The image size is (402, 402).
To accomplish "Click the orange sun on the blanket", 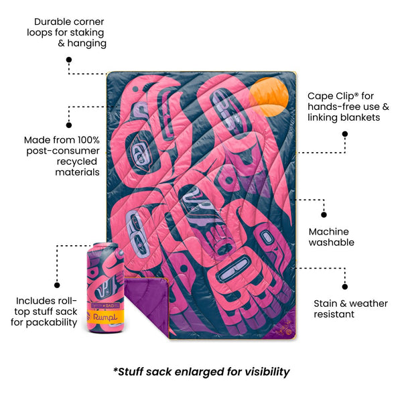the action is coord(269,97).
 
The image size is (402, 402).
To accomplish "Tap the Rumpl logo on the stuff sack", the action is coord(105,317).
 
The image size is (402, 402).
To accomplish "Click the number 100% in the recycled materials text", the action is coord(88,140).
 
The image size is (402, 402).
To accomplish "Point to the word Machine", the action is coord(329,232).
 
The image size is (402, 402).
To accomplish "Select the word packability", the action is coord(52,322).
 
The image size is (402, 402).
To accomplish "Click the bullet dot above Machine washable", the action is coord(324,214).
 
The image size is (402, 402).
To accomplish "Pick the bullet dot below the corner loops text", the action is coord(69,60).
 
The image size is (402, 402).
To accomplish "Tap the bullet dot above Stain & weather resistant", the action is coord(345,287).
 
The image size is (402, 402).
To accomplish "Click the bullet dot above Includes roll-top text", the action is coord(57,285).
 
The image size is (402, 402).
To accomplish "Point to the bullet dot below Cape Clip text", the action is coord(345,134).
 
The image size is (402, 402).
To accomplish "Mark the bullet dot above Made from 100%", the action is coord(69,125).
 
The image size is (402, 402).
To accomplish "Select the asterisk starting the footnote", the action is coord(115,370).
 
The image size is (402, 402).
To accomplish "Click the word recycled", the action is coord(77,161).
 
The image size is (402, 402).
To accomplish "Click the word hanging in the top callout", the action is coord(86,44).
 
